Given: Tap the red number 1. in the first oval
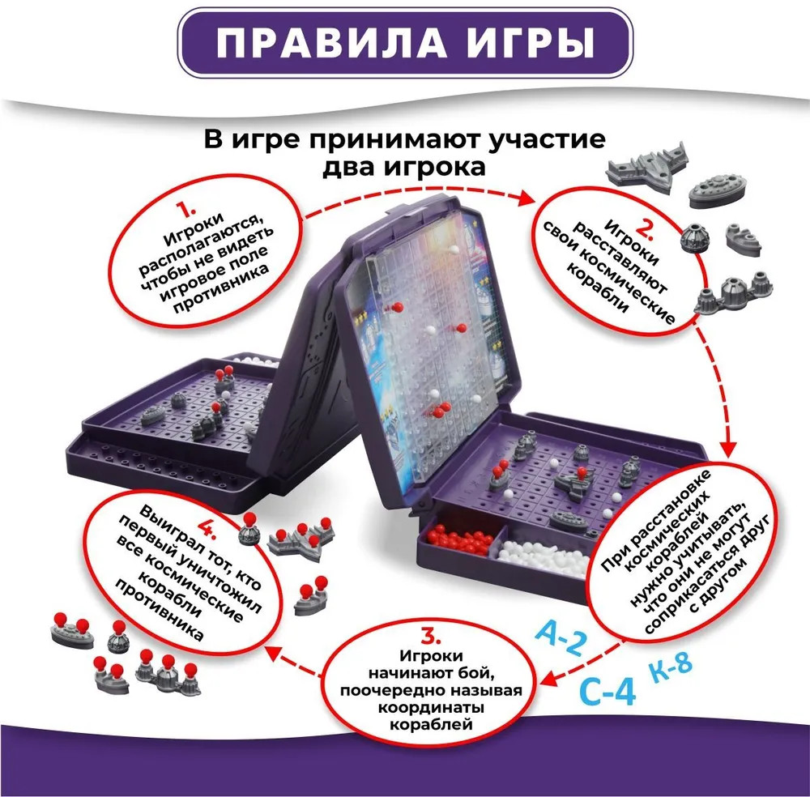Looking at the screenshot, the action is (186, 210).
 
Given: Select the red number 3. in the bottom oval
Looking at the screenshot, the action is (430, 637).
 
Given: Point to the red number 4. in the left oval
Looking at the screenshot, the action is (208, 530).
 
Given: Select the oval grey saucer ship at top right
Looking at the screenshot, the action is (718, 190).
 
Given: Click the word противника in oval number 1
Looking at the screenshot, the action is (221, 290).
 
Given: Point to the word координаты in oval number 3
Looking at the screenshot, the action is (430, 706).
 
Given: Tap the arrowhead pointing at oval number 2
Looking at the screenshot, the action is (526, 198).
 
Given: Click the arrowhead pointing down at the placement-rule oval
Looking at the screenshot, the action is (728, 449).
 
